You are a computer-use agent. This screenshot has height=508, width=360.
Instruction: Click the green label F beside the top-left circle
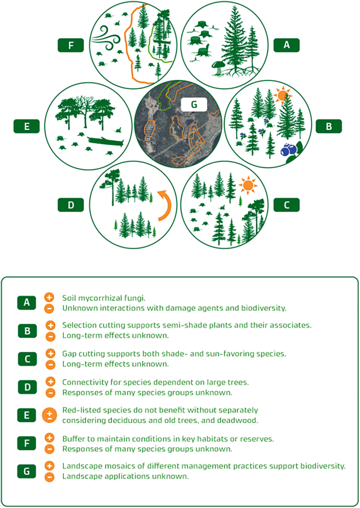[71, 45]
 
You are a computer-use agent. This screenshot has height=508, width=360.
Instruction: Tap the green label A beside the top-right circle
[286, 45]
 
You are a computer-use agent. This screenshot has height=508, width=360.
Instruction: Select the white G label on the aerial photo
[194, 104]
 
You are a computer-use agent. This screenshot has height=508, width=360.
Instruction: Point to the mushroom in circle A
[218, 68]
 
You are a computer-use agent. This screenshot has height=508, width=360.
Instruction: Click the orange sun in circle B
[282, 95]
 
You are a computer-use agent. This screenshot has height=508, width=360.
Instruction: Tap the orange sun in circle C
[248, 185]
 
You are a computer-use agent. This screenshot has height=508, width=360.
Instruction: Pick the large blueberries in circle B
[289, 149]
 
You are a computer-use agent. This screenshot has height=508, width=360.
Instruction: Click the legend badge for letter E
[27, 415]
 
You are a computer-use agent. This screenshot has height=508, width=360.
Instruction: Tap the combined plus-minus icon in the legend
[49, 415]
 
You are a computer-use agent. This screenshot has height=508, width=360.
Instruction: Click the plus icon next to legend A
[49, 297]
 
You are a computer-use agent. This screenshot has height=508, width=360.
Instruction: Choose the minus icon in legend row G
[49, 477]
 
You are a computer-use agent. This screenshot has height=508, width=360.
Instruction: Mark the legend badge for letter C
[27, 359]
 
